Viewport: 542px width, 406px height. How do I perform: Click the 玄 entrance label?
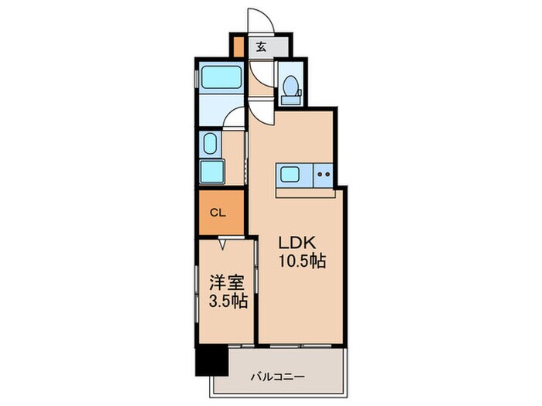click(x=261, y=47)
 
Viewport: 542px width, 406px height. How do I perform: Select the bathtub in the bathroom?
click(x=221, y=80)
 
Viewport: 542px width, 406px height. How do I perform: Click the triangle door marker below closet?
click(x=222, y=244)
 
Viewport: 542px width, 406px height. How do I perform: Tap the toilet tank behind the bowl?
click(x=292, y=97)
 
